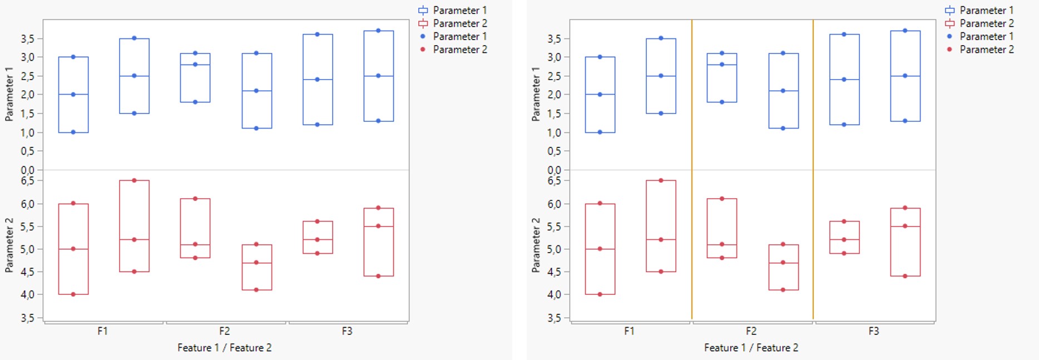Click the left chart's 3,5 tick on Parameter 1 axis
click(28, 39)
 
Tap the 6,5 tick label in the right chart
click(554, 181)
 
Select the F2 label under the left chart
click(225, 331)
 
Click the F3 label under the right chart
click(874, 331)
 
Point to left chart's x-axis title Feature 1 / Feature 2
click(224, 348)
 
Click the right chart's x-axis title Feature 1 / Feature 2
click(751, 348)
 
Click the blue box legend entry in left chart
click(453, 10)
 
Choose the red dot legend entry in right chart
click(980, 50)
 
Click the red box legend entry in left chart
click(453, 23)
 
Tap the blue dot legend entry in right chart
click(980, 36)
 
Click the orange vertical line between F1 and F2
click(692, 167)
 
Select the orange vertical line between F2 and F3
click(813, 167)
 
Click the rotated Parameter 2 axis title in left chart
click(9, 245)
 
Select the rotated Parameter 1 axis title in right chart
click(536, 94)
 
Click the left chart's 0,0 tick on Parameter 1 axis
click(28, 170)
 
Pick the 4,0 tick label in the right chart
click(554, 295)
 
